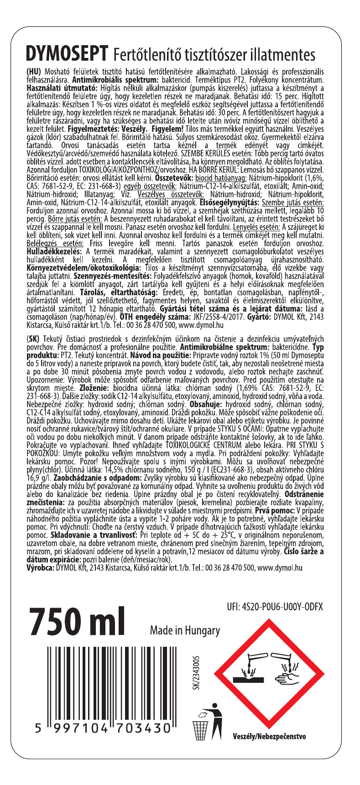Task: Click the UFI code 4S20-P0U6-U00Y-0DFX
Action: click(x=274, y=607)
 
